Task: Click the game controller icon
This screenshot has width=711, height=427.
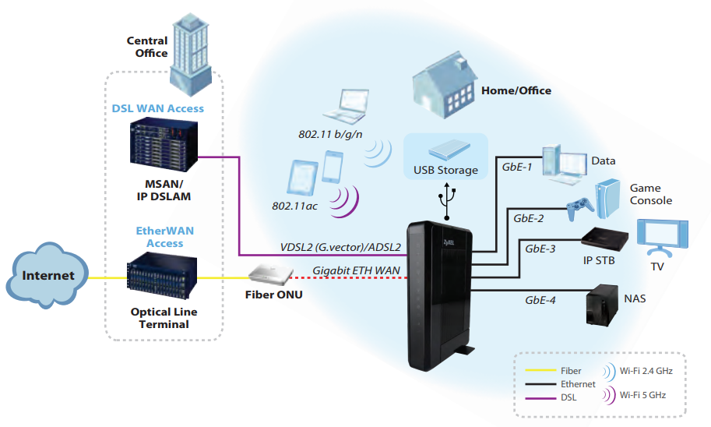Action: (580, 207)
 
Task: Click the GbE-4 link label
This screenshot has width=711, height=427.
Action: (540, 299)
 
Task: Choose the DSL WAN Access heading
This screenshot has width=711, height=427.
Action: (163, 108)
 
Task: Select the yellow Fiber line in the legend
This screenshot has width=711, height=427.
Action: (537, 371)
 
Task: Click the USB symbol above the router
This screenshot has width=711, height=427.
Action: (447, 199)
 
